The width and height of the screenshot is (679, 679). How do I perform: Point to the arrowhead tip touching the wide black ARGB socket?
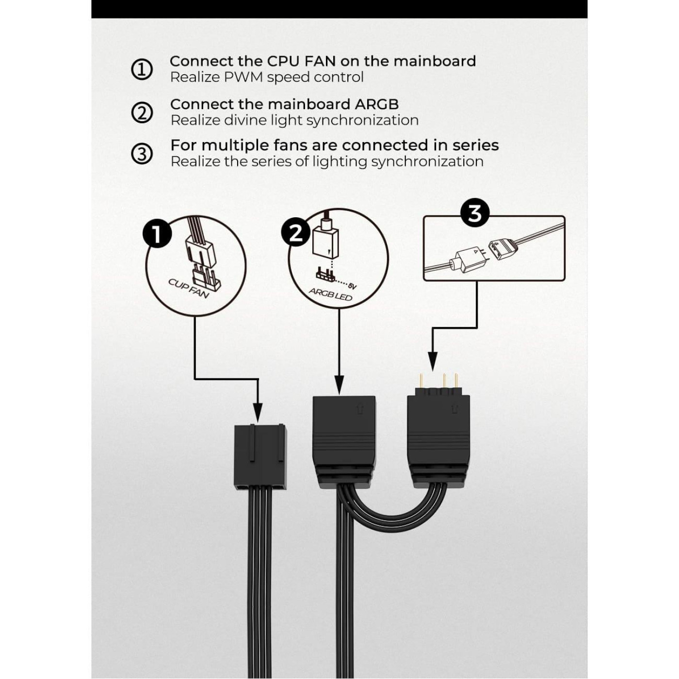(x=339, y=394)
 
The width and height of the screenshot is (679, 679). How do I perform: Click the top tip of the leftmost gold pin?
(x=420, y=374)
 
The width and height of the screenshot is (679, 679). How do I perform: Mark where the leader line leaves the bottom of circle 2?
(x=339, y=308)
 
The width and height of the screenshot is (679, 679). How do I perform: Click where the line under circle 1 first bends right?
(x=195, y=379)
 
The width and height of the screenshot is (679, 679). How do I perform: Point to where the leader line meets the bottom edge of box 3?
(x=477, y=280)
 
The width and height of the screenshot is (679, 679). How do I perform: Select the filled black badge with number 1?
(x=157, y=235)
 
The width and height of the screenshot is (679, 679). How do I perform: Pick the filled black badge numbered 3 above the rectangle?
(x=475, y=214)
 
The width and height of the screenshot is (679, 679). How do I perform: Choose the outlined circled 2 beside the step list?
(x=142, y=113)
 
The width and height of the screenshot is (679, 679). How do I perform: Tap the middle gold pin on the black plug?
(x=445, y=381)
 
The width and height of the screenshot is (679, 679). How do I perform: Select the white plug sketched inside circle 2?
(x=325, y=241)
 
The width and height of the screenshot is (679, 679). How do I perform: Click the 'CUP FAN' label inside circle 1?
(x=189, y=288)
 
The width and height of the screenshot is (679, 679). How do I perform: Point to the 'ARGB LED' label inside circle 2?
(x=330, y=294)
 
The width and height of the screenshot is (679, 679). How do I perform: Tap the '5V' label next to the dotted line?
(x=353, y=286)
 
